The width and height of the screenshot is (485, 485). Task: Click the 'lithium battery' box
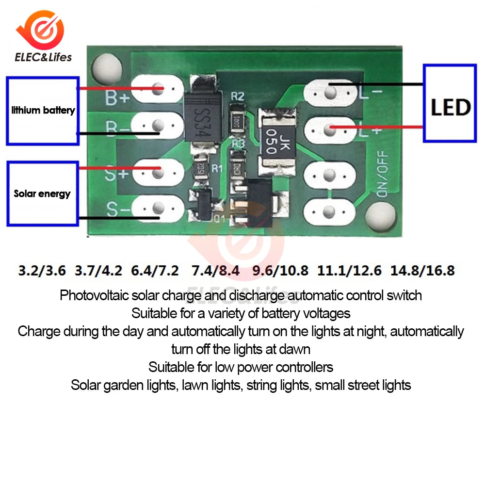(x=43, y=111)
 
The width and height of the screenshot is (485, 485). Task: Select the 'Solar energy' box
(x=42, y=194)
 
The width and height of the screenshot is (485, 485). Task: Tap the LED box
(x=450, y=103)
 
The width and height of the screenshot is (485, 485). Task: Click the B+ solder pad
(x=157, y=89)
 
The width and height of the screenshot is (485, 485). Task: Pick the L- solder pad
(x=330, y=92)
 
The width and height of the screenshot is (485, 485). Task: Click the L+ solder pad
(x=330, y=129)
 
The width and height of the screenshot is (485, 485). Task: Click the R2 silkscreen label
(x=238, y=96)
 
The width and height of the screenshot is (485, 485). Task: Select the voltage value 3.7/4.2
(x=98, y=270)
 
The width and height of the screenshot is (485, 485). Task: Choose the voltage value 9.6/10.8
(x=280, y=270)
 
